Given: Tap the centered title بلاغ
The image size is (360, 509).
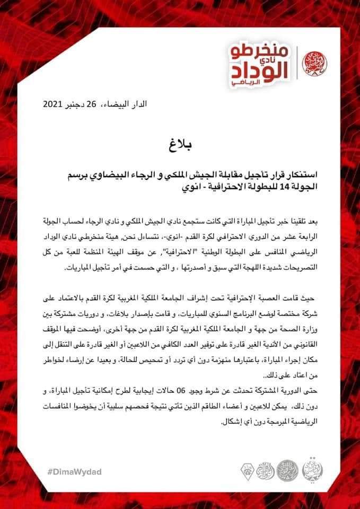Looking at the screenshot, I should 181,143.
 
